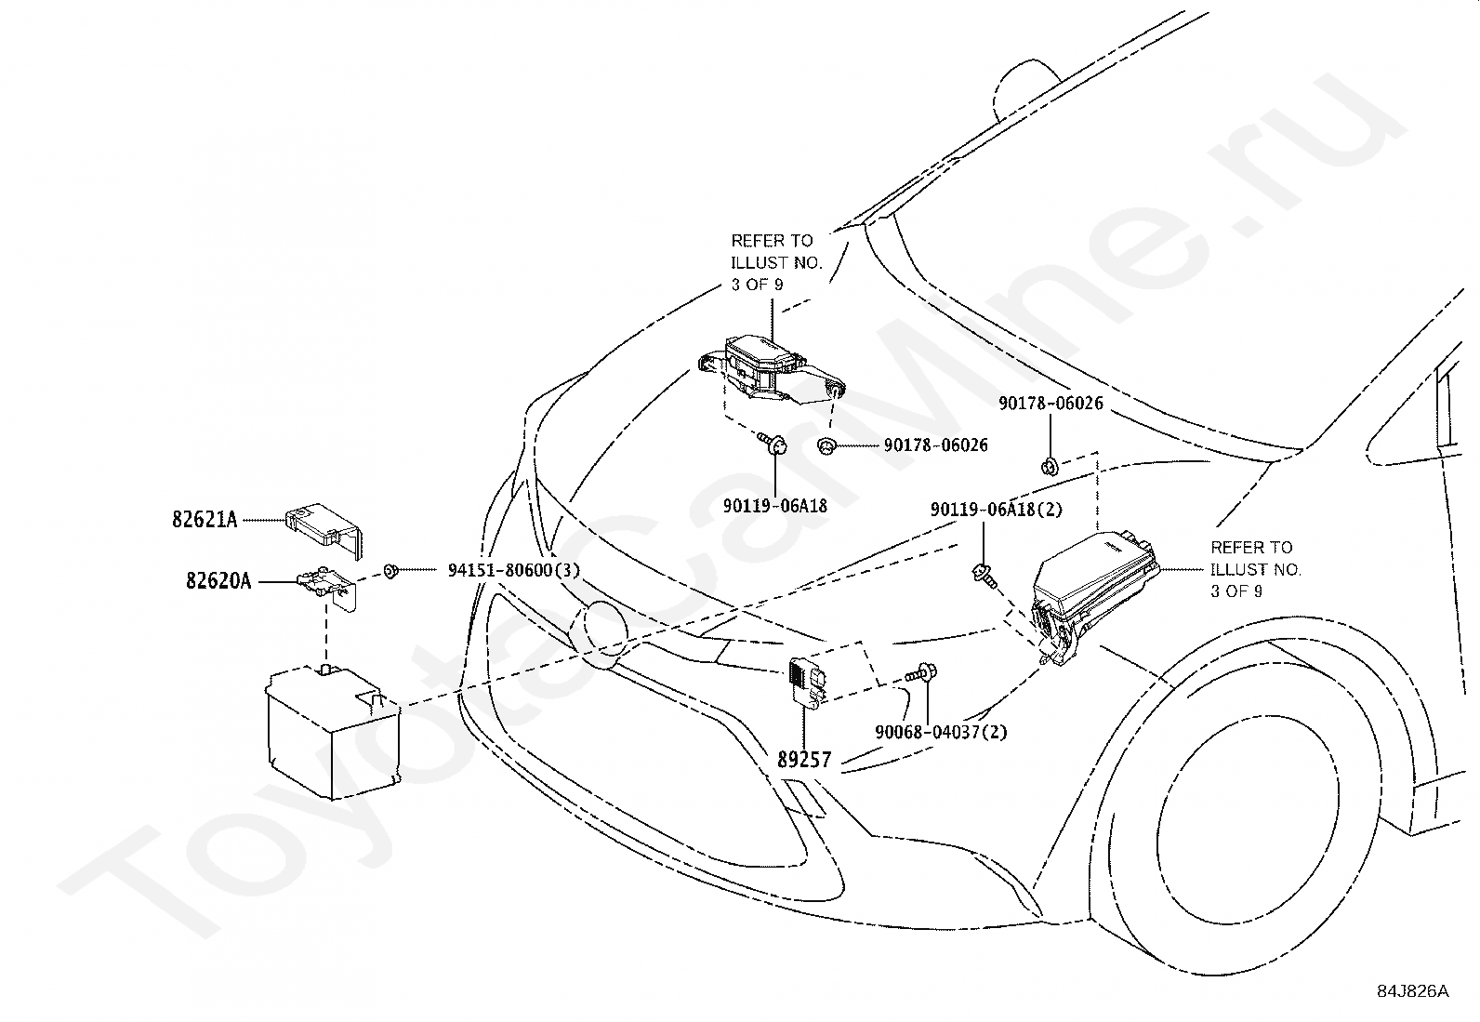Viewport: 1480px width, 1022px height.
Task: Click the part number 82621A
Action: [205, 519]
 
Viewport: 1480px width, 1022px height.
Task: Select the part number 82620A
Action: [218, 581]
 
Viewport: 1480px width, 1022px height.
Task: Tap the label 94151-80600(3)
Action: [513, 569]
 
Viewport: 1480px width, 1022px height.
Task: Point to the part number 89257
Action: [804, 759]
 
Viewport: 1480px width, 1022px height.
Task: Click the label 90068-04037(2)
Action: [941, 731]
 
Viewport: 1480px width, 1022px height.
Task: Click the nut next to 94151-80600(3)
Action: [391, 570]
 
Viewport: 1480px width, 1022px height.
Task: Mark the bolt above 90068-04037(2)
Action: [922, 673]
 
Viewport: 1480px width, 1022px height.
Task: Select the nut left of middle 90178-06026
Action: [825, 446]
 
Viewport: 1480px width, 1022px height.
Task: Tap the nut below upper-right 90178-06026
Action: [1050, 466]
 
